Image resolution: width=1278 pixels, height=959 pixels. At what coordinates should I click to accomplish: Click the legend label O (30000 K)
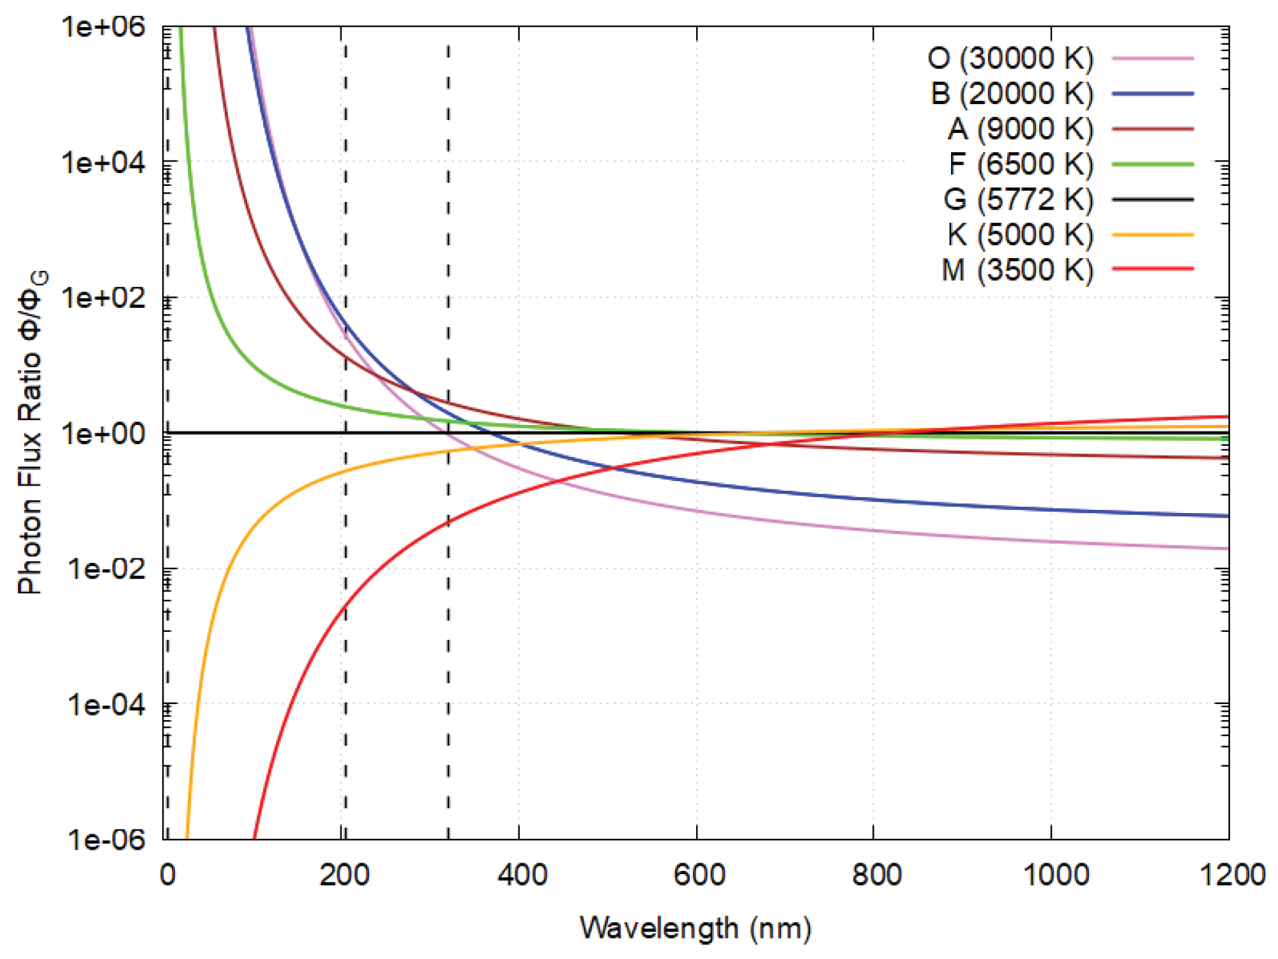[1010, 58]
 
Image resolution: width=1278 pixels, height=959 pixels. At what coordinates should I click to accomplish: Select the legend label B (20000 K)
[1012, 93]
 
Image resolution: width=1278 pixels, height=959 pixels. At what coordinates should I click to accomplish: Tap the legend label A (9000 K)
[1021, 129]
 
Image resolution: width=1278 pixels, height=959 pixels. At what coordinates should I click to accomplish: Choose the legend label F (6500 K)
[1021, 164]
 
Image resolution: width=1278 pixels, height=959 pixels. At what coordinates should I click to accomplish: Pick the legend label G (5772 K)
[1019, 199]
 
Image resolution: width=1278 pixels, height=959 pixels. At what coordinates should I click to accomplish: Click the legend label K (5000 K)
[1021, 234]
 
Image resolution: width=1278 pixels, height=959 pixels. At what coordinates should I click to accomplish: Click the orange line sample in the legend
[1153, 235]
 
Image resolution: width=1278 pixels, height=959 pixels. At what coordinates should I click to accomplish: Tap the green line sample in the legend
[1153, 164]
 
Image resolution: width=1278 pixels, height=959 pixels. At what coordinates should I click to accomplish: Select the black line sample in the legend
[1153, 199]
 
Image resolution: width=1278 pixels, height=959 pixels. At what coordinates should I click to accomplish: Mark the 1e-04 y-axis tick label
[106, 705]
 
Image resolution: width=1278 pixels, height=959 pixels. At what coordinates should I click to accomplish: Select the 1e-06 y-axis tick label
[106, 839]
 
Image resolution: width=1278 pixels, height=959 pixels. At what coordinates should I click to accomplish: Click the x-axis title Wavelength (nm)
[696, 928]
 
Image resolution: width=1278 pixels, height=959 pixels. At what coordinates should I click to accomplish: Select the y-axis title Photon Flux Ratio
[29, 469]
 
